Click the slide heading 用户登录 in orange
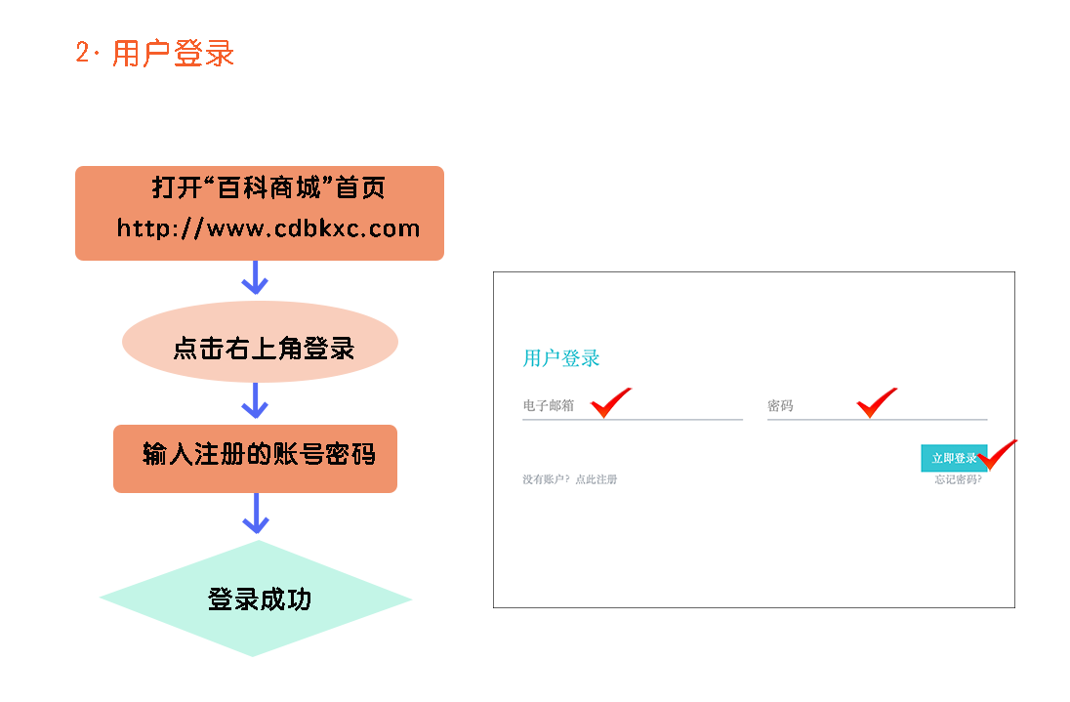click(x=174, y=53)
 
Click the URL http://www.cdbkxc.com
click(x=268, y=228)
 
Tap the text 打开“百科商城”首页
click(x=268, y=186)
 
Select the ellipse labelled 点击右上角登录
click(x=260, y=349)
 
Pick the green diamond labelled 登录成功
click(x=256, y=599)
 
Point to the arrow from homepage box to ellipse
click(x=255, y=277)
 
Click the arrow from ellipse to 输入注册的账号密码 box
click(x=255, y=400)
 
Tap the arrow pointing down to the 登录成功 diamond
click(x=256, y=514)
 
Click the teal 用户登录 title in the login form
click(x=561, y=358)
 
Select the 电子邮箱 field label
click(x=548, y=405)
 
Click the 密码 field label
click(x=780, y=405)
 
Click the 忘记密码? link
click(x=958, y=479)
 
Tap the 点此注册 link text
click(x=597, y=479)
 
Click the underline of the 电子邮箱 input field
click(x=633, y=419)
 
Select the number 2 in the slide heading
click(x=82, y=53)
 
